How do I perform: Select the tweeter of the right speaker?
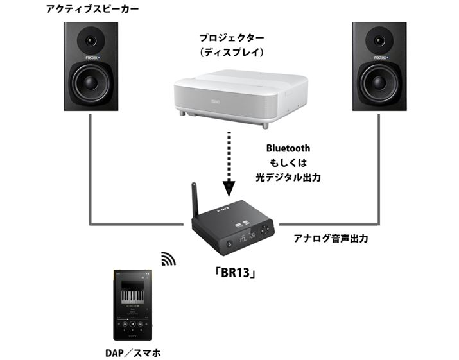click(x=381, y=40)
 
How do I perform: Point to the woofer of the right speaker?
click(x=381, y=85)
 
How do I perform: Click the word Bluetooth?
click(x=288, y=148)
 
